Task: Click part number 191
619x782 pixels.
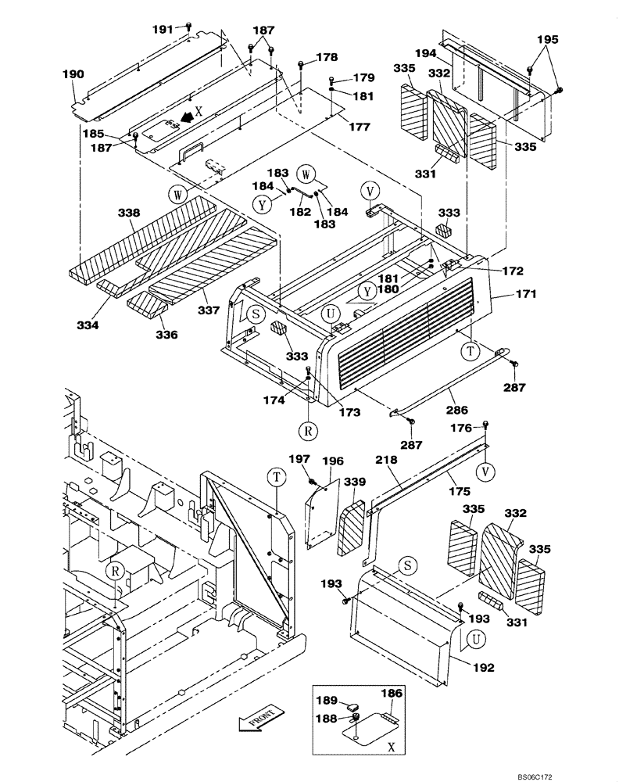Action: click(x=162, y=28)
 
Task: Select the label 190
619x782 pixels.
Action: click(x=73, y=74)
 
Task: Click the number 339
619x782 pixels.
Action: click(x=356, y=482)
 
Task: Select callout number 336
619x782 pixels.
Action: click(x=166, y=335)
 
